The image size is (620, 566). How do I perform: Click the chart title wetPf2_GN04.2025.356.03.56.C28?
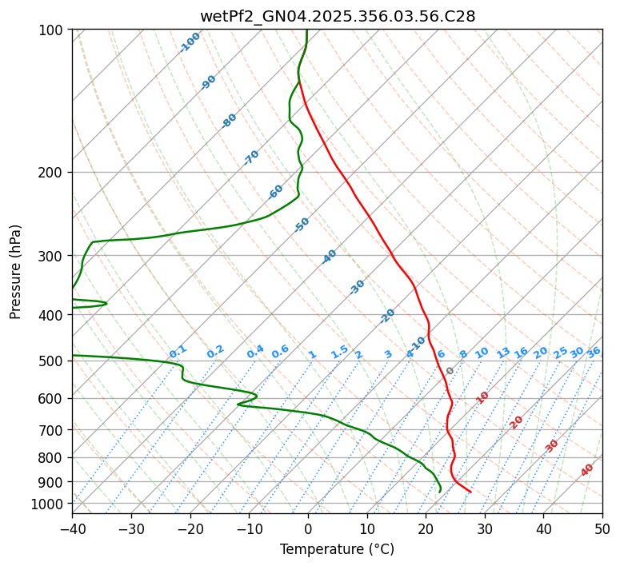click(337, 16)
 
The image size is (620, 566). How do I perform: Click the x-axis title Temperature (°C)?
click(337, 549)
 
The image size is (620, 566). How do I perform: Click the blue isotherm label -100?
click(190, 42)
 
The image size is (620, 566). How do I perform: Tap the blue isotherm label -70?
click(252, 157)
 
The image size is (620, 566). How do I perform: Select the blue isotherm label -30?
click(358, 287)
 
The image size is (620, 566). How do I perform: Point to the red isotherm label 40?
click(587, 470)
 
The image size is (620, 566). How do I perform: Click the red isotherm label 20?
click(517, 421)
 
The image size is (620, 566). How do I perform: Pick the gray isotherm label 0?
click(450, 371)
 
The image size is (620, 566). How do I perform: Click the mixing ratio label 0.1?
click(178, 352)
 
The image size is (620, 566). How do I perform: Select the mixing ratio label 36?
click(594, 352)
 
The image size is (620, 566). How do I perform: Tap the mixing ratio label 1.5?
click(340, 352)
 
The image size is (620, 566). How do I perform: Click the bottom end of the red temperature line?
click(470, 492)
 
